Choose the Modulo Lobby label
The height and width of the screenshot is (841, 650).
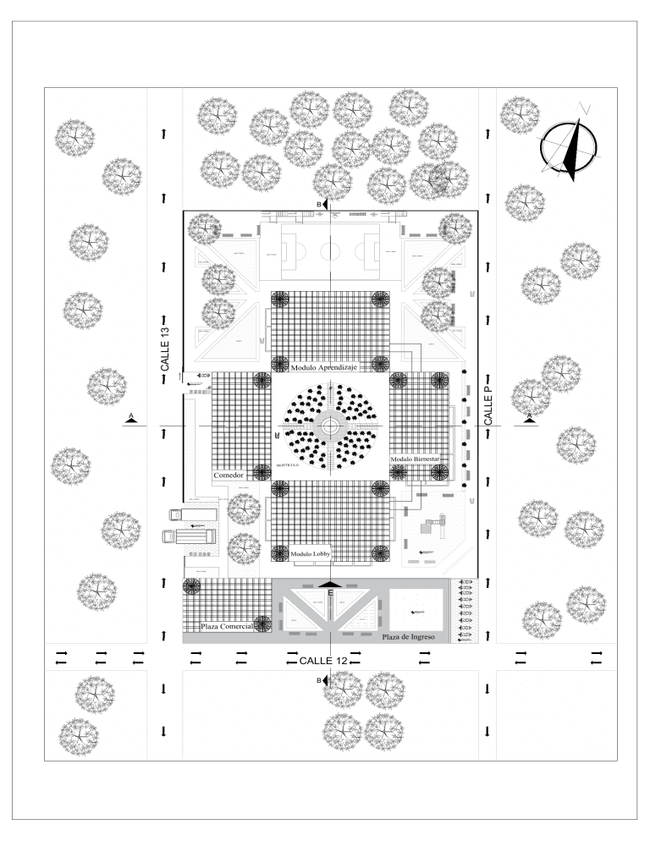[x=310, y=554]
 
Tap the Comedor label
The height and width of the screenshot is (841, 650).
[x=229, y=475]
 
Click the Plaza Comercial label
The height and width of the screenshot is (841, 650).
[x=226, y=627]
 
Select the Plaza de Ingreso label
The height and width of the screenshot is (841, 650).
[x=408, y=636]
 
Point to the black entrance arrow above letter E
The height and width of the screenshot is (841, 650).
[x=330, y=584]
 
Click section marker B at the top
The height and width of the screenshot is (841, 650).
[x=322, y=206]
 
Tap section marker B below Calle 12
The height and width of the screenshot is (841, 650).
[x=322, y=680]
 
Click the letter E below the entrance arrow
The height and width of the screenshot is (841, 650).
[x=330, y=594]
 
